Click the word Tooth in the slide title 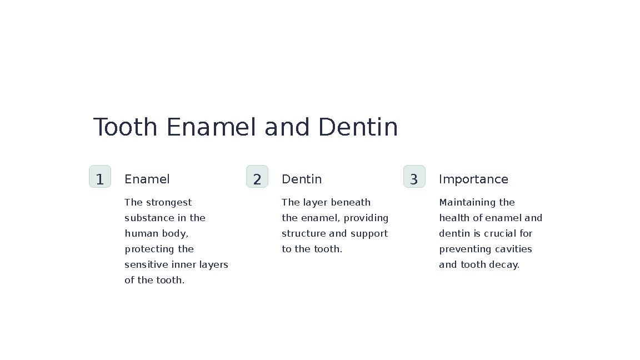(125, 127)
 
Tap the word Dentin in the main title (358, 127)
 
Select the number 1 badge (100, 177)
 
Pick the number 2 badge (257, 177)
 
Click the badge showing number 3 (414, 177)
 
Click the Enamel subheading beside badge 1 (147, 179)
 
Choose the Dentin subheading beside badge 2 (302, 179)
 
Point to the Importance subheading (473, 179)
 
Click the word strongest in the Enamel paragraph (169, 203)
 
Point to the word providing (366, 218)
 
